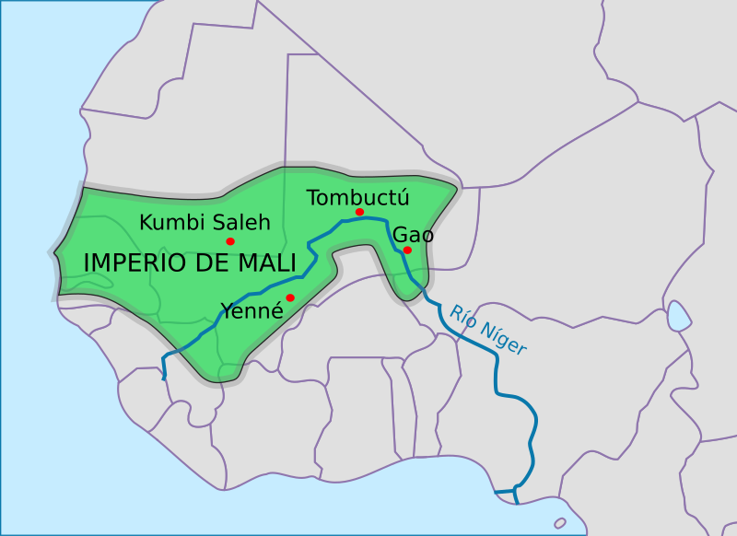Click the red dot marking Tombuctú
pyautogui.click(x=359, y=212)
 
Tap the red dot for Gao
pyautogui.click(x=407, y=250)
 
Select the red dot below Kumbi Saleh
pyautogui.click(x=230, y=241)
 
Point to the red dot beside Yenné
pyautogui.click(x=290, y=297)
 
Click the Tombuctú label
pyautogui.click(x=357, y=197)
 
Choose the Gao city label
pyautogui.click(x=414, y=235)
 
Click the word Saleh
pyautogui.click(x=241, y=222)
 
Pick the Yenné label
pyautogui.click(x=251, y=310)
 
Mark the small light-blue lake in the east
pyautogui.click(x=679, y=317)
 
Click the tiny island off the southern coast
pyautogui.click(x=560, y=523)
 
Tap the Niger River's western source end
pyautogui.click(x=164, y=377)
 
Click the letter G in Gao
pyautogui.click(x=401, y=235)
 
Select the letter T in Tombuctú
pyautogui.click(x=312, y=197)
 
